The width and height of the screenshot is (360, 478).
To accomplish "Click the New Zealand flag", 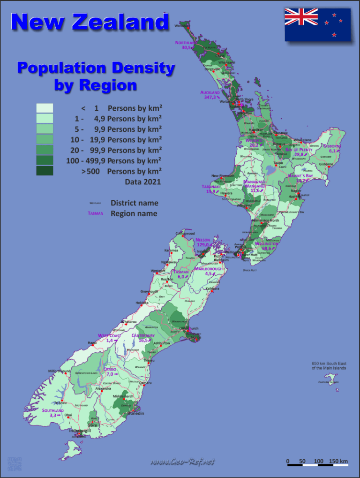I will (x=317, y=24).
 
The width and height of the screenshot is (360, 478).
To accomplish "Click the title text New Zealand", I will (x=90, y=22).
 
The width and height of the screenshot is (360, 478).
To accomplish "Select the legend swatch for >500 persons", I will (x=45, y=171).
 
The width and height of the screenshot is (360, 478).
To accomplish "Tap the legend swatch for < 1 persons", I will (x=45, y=108).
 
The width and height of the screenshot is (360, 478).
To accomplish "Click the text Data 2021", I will (x=142, y=182).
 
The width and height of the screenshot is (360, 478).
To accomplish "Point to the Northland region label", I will (x=186, y=43).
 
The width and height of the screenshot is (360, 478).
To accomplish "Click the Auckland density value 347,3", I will (x=210, y=98).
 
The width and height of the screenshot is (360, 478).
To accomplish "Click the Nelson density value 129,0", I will (x=203, y=245).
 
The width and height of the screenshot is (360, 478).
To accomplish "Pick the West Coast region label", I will (x=109, y=335).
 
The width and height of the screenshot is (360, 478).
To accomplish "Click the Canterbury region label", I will (x=143, y=335).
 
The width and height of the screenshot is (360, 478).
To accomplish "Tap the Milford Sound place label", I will (x=59, y=371).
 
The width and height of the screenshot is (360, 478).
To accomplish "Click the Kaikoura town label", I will (x=212, y=288).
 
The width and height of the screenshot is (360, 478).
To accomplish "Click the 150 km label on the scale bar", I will (x=338, y=461).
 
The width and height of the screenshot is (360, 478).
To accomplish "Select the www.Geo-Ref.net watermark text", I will (x=182, y=462).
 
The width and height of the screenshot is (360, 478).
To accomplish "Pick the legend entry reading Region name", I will (x=134, y=213).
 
